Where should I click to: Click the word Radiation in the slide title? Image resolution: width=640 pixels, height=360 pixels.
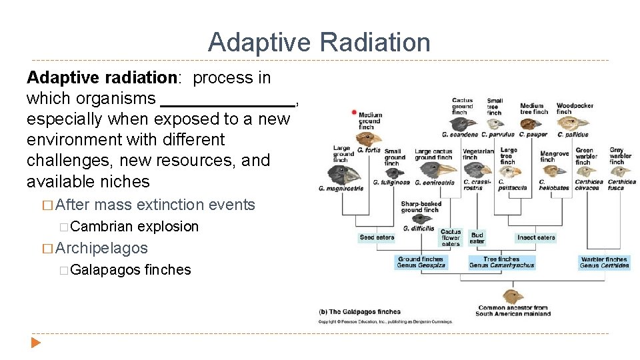(375, 42)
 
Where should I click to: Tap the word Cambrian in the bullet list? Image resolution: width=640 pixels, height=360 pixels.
(101, 227)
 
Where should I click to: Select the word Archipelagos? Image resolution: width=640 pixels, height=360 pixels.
(102, 248)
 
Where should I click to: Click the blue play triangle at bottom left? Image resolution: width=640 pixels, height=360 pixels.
(35, 343)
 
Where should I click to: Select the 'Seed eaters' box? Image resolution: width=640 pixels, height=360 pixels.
(377, 237)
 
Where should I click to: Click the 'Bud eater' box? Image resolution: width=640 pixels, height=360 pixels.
(477, 237)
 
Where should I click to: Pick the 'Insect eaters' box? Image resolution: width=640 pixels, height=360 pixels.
(536, 237)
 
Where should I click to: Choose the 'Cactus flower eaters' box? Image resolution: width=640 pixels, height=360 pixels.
(451, 238)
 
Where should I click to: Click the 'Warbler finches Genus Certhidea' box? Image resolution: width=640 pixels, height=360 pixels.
(604, 263)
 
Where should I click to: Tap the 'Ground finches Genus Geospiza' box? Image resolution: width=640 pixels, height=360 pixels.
(421, 263)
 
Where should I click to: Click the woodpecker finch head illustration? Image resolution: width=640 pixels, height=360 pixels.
(574, 124)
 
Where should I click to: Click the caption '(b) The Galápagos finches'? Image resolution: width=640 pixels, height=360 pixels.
(360, 312)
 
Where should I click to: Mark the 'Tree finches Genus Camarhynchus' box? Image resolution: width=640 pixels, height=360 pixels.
(501, 263)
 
